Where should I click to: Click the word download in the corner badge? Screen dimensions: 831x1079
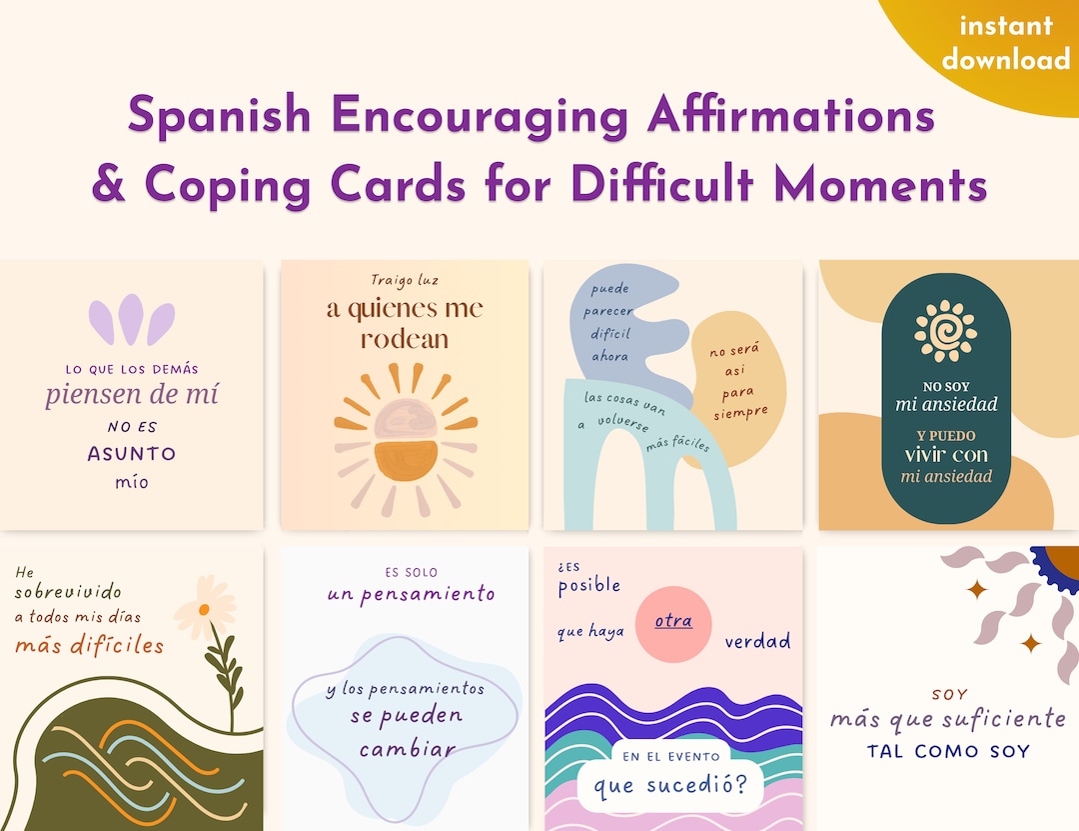click(1005, 59)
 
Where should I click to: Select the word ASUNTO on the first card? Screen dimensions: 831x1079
click(131, 453)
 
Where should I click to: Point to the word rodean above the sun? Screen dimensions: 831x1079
click(405, 339)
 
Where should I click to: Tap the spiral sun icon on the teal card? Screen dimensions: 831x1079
click(945, 331)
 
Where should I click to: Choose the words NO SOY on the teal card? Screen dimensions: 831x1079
click(945, 386)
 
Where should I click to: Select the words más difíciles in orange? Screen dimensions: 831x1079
click(89, 645)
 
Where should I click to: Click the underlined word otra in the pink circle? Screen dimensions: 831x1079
click(673, 621)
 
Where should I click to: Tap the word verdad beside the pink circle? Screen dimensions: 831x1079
click(757, 641)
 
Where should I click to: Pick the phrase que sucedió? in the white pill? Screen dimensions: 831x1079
click(670, 787)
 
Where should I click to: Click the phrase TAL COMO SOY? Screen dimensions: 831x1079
click(948, 751)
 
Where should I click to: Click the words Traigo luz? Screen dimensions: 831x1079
click(405, 280)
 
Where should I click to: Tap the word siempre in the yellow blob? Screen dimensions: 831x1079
click(741, 410)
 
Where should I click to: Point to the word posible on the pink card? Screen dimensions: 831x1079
click(588, 586)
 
